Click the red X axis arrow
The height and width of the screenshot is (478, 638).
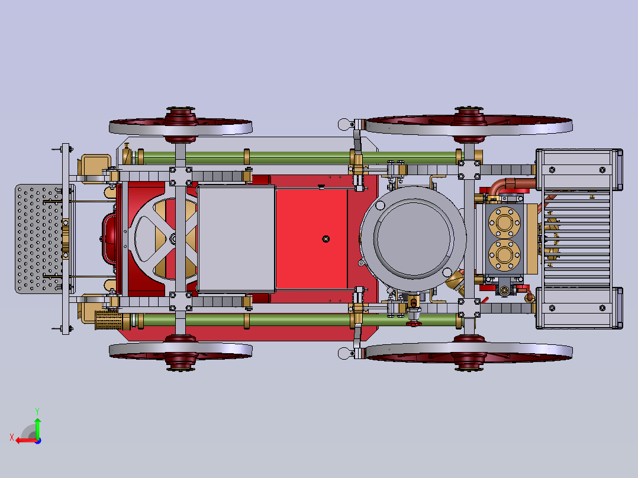pos(25,440)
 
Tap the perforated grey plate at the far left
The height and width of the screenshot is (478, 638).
pos(38,239)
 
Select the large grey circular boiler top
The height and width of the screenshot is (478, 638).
pos(413,238)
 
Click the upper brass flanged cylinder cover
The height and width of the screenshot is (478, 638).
pos(504,222)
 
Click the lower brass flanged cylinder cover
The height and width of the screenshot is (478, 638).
pos(504,255)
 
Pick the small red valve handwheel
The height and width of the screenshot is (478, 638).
pos(414,324)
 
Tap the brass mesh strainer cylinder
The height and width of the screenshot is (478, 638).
pos(108,320)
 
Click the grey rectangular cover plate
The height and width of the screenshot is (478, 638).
pos(236,239)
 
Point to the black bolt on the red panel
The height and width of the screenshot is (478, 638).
pos(326,239)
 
